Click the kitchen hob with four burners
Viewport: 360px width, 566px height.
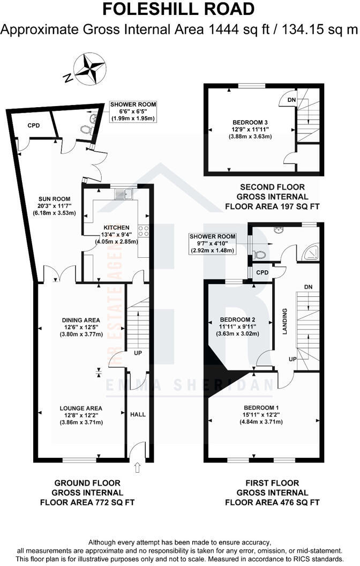[x=144, y=231]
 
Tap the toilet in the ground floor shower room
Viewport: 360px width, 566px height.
[x=85, y=129]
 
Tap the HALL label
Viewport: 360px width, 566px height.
[x=138, y=414]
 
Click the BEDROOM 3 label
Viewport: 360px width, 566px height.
[x=248, y=122]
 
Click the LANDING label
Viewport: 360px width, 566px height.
[x=286, y=321]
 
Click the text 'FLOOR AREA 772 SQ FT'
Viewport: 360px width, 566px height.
[x=87, y=502]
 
